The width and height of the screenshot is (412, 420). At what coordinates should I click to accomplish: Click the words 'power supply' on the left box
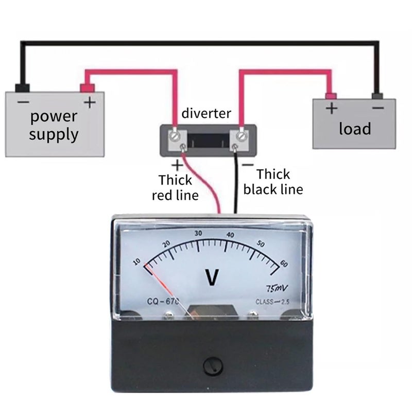click(x=54, y=125)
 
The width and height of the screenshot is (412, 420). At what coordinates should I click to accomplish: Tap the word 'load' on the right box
click(x=354, y=128)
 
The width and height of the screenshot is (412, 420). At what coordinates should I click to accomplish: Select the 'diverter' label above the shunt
click(x=207, y=113)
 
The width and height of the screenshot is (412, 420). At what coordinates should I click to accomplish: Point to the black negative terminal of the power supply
click(x=23, y=87)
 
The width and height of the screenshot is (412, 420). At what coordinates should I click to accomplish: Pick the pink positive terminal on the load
click(x=331, y=95)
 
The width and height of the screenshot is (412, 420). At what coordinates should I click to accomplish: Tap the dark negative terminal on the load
click(x=377, y=95)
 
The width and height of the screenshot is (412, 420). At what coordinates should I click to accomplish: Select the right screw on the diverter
click(x=241, y=136)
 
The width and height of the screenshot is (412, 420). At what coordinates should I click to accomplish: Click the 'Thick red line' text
click(x=175, y=187)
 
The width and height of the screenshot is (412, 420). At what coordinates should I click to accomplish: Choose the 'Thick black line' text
click(x=273, y=182)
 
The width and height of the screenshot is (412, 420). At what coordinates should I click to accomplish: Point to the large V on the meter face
click(x=212, y=278)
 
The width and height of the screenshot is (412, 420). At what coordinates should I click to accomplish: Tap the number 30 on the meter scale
click(x=198, y=233)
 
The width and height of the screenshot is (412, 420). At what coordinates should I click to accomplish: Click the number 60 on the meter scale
click(x=284, y=264)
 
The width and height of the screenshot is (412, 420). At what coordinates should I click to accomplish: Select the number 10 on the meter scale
click(x=136, y=261)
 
